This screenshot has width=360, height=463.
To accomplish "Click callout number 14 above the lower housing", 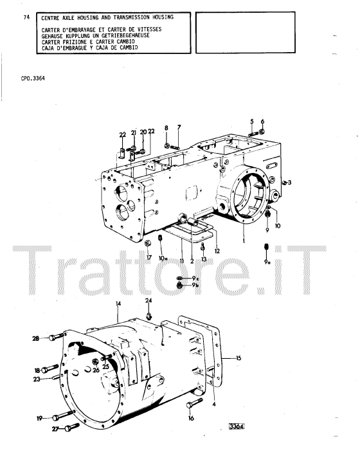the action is (118, 304).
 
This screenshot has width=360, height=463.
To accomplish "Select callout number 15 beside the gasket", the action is (239, 358).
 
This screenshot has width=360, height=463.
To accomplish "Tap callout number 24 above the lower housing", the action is (148, 300).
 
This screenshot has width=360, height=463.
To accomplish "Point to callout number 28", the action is (36, 338).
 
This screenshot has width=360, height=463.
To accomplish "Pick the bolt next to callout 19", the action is (63, 415).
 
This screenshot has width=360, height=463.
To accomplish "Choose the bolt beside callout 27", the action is (72, 427).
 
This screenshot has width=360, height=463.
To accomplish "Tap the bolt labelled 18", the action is (50, 368).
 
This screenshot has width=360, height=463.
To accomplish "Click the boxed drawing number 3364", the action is (237, 426).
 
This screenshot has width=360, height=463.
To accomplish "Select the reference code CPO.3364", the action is (33, 78).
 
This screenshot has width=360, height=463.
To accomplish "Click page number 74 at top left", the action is (26, 17).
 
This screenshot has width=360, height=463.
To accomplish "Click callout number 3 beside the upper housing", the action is (289, 183).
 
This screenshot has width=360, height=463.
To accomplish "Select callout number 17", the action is (149, 257).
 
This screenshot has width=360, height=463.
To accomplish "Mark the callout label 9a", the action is (267, 262).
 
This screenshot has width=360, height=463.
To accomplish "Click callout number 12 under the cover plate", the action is (217, 251).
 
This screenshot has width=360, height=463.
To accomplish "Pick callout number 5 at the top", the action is (252, 122).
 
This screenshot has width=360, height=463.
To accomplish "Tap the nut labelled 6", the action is (262, 131).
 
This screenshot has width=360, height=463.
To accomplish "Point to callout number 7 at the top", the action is (179, 127).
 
